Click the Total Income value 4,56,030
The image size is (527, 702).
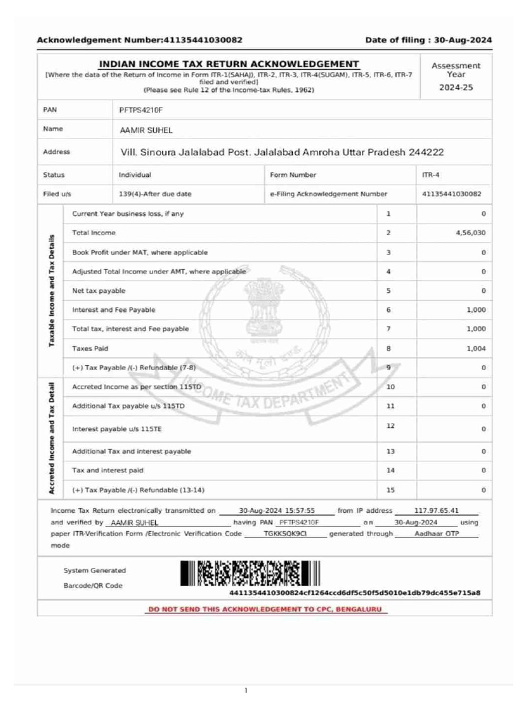coord(470,233)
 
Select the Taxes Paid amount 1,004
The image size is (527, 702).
coord(476,348)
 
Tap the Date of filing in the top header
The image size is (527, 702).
coord(428,40)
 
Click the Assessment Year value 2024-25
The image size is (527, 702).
coord(456,88)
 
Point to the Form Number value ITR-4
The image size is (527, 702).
coord(430,175)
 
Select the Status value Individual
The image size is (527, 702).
coord(134,175)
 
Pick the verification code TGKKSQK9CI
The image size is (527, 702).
coord(285,533)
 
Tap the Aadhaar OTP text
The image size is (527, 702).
coord(436,533)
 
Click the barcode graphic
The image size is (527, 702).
coord(250,573)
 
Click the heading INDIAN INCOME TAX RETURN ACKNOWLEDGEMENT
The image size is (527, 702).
coord(229,64)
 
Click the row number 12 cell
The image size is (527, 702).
coord(390,426)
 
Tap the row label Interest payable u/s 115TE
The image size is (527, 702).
coord(117,429)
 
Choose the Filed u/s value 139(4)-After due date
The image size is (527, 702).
coord(155,194)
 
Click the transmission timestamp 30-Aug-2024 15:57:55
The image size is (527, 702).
coord(277,511)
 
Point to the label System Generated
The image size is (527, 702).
coord(95,570)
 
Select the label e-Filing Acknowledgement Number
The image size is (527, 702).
coord(329,194)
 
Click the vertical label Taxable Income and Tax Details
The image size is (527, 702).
coord(52,291)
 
